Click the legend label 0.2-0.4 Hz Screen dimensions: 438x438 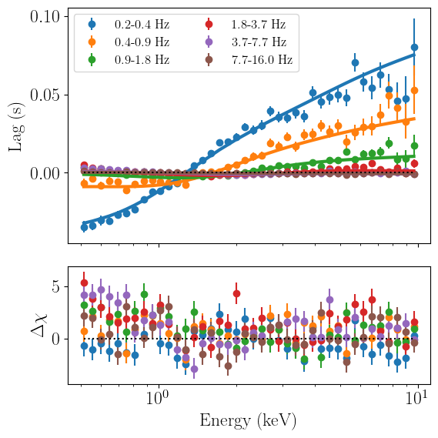click(x=142, y=25)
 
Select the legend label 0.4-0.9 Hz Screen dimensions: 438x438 click(x=142, y=42)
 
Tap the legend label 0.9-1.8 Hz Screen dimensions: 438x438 click(x=142, y=60)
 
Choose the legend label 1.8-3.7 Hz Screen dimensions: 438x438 click(x=259, y=25)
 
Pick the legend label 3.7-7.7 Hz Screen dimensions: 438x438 click(x=259, y=42)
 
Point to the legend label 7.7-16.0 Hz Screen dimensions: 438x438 click(x=262, y=60)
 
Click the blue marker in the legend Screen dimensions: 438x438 click(x=92, y=25)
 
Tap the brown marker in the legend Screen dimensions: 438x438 click(x=209, y=60)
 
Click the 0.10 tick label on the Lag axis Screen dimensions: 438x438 click(x=45, y=17)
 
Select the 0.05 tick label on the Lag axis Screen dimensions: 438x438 click(x=45, y=95)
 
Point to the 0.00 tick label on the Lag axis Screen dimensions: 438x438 click(x=45, y=173)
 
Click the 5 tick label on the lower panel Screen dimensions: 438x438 click(x=56, y=286)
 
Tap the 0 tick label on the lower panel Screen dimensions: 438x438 click(x=56, y=339)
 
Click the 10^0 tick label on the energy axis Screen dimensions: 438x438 click(x=158, y=398)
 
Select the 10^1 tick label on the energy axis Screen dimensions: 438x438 click(x=417, y=398)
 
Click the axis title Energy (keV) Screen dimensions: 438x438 click(x=248, y=421)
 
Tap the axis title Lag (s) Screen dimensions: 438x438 click(x=15, y=127)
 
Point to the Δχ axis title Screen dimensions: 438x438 click(x=39, y=326)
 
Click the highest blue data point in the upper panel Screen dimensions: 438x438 click(x=414, y=48)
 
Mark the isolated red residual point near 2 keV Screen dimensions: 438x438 click(x=236, y=294)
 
